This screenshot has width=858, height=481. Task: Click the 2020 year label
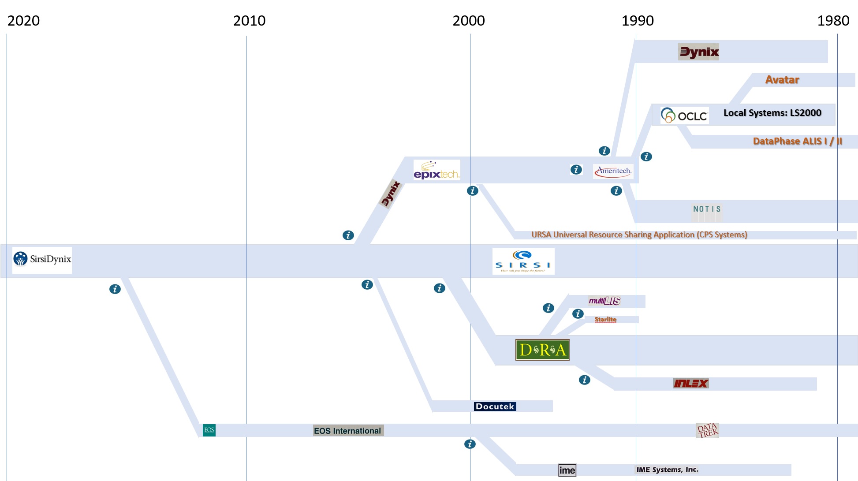pos(23,21)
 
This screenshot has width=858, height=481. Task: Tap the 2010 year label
pos(249,21)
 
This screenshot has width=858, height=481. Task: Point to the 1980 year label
pos(833,21)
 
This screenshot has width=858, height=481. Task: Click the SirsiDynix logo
pos(42,260)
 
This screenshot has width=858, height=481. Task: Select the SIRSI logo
pos(523,261)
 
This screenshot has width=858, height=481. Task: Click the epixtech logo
pos(436,170)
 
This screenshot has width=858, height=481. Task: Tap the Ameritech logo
pos(613,171)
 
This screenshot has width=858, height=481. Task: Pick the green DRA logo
pos(542,350)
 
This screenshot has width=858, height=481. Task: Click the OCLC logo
pos(684,116)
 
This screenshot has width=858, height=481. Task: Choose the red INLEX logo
pos(690,384)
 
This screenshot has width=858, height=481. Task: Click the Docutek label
pos(495,406)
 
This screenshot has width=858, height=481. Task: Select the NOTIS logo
pos(707,209)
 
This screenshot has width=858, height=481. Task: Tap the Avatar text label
pos(782,80)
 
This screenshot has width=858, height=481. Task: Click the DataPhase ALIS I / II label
pos(797,142)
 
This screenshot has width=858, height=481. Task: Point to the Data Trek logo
pos(707,430)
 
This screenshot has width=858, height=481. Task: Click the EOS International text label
pos(347,431)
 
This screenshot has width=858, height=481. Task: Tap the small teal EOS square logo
pos(209,430)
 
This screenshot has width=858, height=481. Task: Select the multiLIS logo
pos(604,301)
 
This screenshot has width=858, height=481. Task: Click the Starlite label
pos(605,320)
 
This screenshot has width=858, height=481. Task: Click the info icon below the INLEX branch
pos(584,380)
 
